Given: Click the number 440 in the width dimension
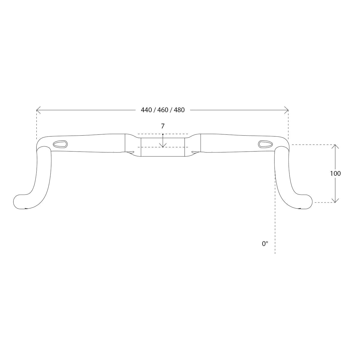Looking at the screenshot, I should (x=146, y=110).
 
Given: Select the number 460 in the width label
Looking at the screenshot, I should (x=163, y=110).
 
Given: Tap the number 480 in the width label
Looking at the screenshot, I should (x=179, y=110).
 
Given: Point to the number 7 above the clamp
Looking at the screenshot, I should (x=163, y=126).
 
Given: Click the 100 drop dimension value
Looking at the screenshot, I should (x=335, y=173).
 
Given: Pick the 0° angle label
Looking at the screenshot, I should (x=265, y=244).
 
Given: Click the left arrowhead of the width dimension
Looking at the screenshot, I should (x=37, y=110).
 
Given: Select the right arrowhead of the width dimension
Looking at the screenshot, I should (x=287, y=110).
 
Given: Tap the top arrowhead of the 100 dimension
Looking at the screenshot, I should (x=335, y=146).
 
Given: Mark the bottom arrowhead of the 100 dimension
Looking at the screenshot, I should (x=335, y=201).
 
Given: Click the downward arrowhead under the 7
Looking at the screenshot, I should (x=163, y=145).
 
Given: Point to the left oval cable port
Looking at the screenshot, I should (x=60, y=144).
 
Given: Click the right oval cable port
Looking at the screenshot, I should (x=265, y=144).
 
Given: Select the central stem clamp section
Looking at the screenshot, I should (x=163, y=147).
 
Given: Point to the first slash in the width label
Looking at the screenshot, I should (x=154, y=110).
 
